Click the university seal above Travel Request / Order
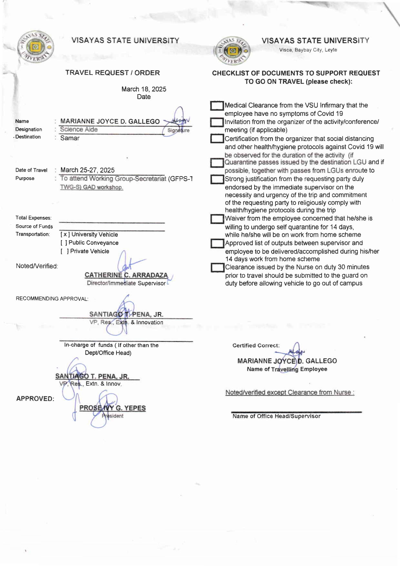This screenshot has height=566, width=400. pos(36,47)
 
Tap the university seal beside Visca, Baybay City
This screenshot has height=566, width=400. pos(232,51)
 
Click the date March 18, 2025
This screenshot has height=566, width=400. pos(144,89)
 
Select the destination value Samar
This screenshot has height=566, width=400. pos(70,138)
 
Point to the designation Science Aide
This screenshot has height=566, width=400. pos(79,129)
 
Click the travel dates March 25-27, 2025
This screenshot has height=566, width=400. pos(87,170)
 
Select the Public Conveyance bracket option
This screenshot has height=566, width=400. pos(64,243)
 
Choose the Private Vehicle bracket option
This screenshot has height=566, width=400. pos(65,251)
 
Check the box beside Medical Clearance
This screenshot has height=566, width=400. pos(217,106)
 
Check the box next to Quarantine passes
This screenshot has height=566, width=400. pos(217,163)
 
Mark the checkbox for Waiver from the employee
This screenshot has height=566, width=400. pos(217,219)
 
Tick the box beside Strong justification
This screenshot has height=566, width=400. pos(217,179)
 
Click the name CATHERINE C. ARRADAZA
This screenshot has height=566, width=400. pos(126,275)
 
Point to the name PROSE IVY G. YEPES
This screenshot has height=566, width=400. pos(113,408)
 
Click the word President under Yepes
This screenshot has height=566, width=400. pos(113,416)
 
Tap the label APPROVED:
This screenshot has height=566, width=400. pos(35,399)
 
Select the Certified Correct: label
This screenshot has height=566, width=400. pos(256,345)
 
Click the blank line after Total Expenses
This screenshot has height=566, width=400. pos(112,222)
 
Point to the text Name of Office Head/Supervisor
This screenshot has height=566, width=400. pos(276,416)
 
